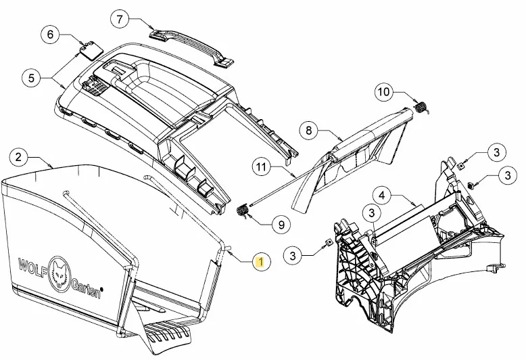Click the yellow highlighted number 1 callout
pyautogui.click(x=260, y=262)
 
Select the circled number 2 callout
pyautogui.click(x=18, y=157)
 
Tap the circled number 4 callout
pyautogui.click(x=382, y=196)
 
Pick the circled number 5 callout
pyautogui.click(x=31, y=78)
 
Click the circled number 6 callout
pyautogui.click(x=50, y=35)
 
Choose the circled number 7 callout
pyautogui.click(x=120, y=19)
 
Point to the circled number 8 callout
pyautogui.click(x=309, y=131)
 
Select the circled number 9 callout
pyautogui.click(x=281, y=225)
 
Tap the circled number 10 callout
pyautogui.click(x=383, y=91)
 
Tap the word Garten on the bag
pyautogui.click(x=87, y=289)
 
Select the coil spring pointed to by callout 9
pyautogui.click(x=242, y=211)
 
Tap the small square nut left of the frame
pyautogui.click(x=329, y=242)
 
